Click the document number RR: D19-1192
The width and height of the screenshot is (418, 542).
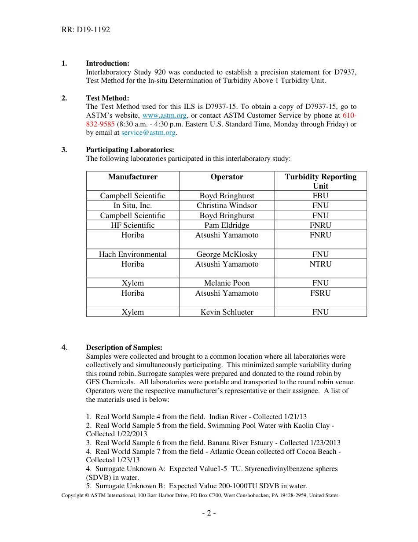(85, 30)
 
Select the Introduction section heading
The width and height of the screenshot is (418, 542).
(107, 63)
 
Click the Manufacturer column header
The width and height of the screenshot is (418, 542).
(132, 177)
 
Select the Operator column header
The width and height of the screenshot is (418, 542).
(227, 177)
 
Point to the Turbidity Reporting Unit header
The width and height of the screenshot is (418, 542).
(320, 181)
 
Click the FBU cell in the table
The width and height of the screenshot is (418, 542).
(320, 196)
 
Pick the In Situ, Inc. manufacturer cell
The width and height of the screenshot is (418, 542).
(132, 205)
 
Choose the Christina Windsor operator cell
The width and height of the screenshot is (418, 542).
(227, 205)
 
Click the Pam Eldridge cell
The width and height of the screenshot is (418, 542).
(227, 225)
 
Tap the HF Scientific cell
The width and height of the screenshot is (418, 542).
(132, 225)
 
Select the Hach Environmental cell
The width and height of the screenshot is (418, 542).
(132, 254)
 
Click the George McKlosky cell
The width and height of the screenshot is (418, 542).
(227, 254)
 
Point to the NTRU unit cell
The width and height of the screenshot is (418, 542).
(320, 264)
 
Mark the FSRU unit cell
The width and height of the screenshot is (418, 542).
(320, 293)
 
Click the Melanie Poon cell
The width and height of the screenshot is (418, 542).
(227, 283)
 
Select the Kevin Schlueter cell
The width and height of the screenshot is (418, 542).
(227, 312)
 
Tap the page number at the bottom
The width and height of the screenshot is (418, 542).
(209, 513)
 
